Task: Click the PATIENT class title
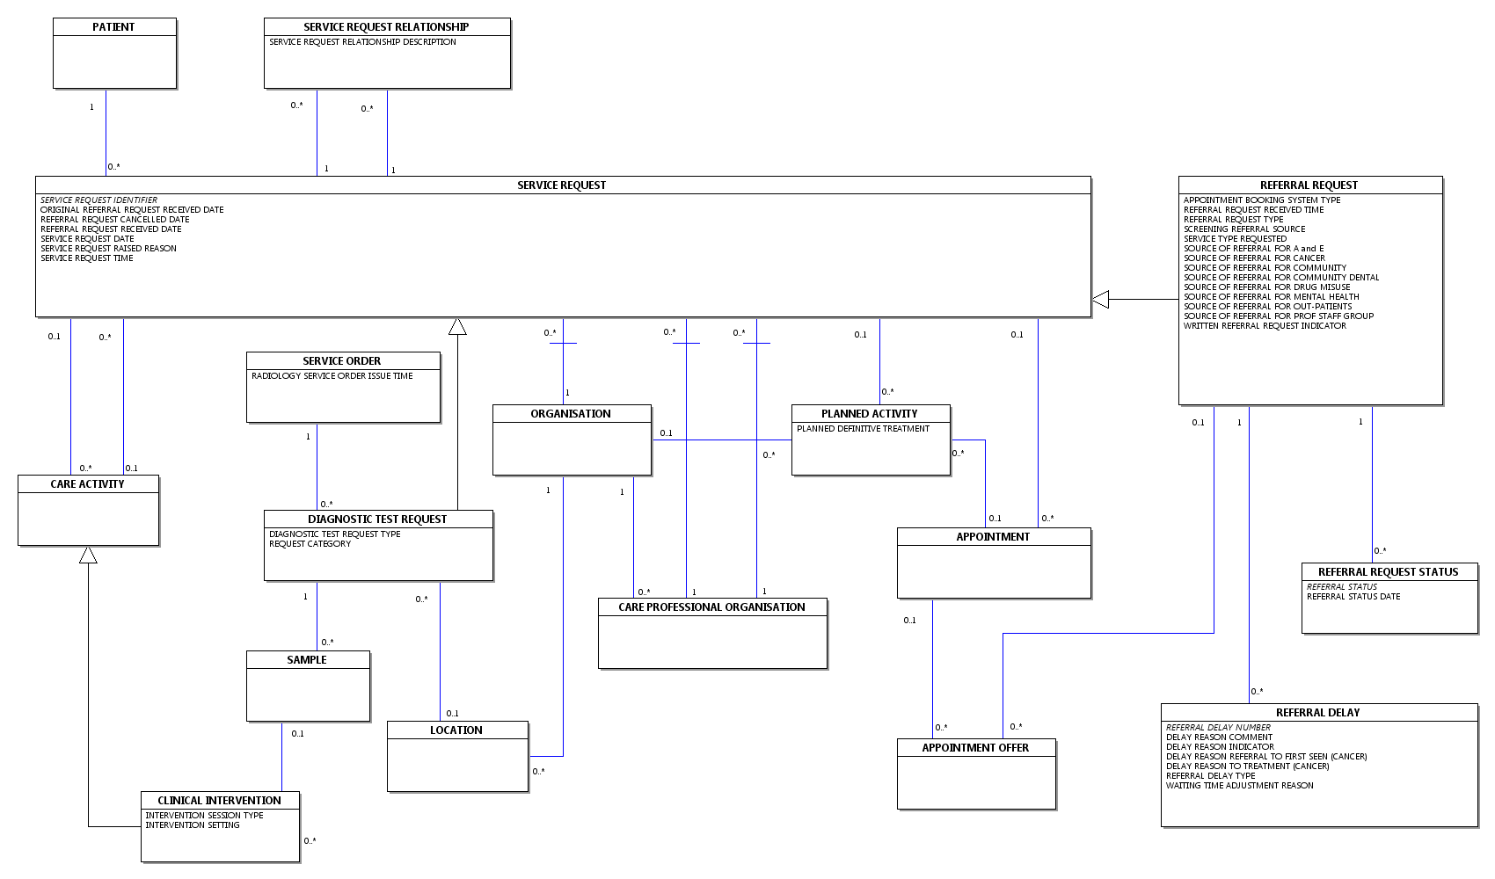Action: click(x=113, y=27)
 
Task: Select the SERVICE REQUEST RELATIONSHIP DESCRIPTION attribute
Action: click(x=362, y=42)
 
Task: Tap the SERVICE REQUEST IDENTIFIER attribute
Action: click(x=98, y=200)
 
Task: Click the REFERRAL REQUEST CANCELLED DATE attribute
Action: click(x=115, y=220)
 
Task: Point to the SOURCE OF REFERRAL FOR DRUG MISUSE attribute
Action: click(x=1266, y=287)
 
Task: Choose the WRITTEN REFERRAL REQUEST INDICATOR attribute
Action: click(x=1265, y=326)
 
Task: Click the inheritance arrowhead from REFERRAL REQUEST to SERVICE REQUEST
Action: click(x=1100, y=300)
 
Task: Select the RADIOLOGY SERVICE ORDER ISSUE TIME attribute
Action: click(x=332, y=376)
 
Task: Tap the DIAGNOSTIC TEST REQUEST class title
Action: click(x=377, y=519)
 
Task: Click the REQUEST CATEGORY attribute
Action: click(x=310, y=544)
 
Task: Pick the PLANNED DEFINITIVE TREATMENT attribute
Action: click(x=863, y=429)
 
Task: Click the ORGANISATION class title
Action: click(x=571, y=414)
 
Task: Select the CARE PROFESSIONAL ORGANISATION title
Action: click(x=711, y=607)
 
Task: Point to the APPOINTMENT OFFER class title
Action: click(x=975, y=748)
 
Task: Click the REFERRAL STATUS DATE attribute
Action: click(x=1353, y=597)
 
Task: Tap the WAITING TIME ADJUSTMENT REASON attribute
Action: click(x=1239, y=786)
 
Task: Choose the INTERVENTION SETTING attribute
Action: click(x=193, y=825)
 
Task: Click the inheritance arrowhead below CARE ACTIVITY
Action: click(x=88, y=555)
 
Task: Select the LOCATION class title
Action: click(x=456, y=731)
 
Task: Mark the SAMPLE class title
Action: click(x=306, y=660)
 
